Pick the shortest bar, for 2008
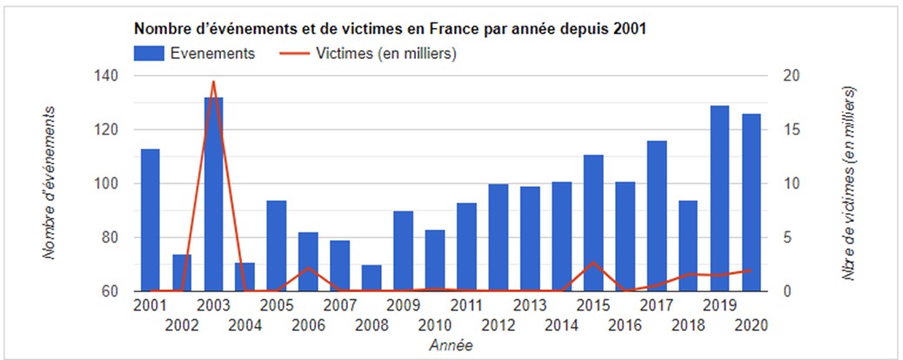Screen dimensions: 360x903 tap(371, 278)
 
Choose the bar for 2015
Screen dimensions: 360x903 tap(593, 223)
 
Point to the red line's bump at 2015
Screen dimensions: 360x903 tap(593, 262)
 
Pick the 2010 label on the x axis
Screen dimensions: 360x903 tap(434, 325)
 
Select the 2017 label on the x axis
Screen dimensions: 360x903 tap(656, 305)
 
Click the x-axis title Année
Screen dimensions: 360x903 tap(451, 345)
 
